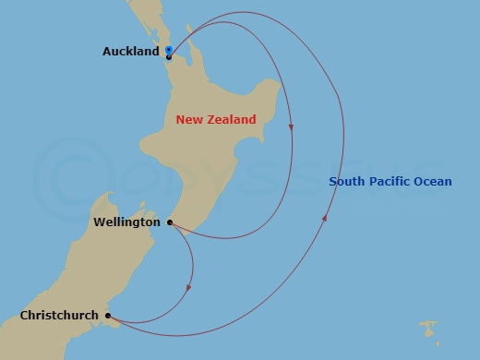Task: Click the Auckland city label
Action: [x=131, y=53]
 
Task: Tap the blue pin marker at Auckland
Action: [x=169, y=49]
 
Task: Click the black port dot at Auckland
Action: [x=169, y=57]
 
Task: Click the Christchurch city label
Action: [x=59, y=316]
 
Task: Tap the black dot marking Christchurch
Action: [x=108, y=316]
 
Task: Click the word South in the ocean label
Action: [x=346, y=182]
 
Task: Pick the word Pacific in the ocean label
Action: [x=390, y=182]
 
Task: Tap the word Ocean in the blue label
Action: [x=433, y=182]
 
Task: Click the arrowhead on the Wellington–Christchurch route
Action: [x=188, y=287]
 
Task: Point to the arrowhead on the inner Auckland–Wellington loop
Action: [x=291, y=127]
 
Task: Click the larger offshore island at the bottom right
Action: [x=427, y=327]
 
